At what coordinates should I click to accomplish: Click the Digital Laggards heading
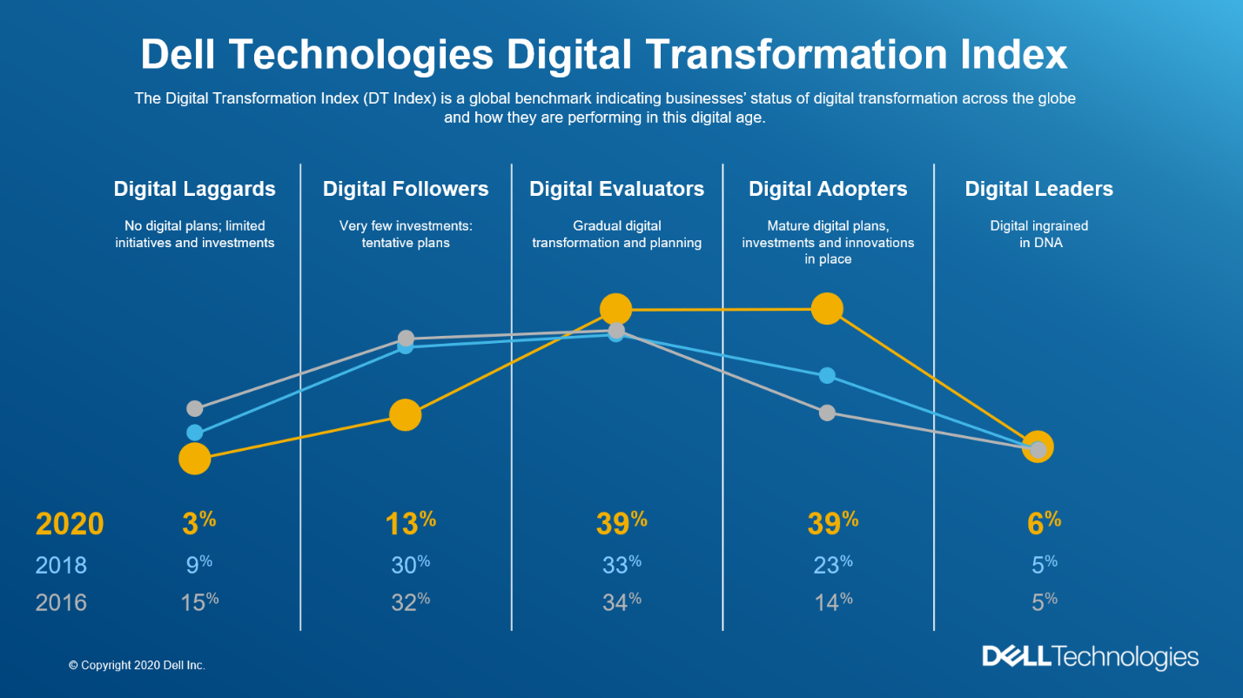click(x=194, y=189)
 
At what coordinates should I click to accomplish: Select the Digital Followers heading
click(x=406, y=189)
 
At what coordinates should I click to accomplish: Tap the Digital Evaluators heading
click(x=616, y=189)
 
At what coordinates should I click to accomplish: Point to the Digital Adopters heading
click(x=828, y=189)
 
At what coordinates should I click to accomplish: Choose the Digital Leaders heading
click(x=1038, y=189)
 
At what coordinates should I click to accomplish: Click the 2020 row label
click(x=70, y=524)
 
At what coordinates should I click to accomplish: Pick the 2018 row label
click(x=61, y=566)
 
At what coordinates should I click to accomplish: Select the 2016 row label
click(x=61, y=602)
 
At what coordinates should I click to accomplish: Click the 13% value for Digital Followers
click(x=410, y=522)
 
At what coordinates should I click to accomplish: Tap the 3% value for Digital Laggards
click(x=198, y=522)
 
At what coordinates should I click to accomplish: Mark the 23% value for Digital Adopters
click(x=832, y=565)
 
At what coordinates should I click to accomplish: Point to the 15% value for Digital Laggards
click(x=199, y=601)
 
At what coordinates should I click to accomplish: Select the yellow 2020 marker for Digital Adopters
click(x=827, y=308)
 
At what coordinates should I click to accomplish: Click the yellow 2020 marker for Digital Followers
click(x=405, y=415)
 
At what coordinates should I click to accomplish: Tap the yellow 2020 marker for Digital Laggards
click(x=194, y=458)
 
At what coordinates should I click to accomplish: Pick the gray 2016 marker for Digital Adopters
click(x=827, y=413)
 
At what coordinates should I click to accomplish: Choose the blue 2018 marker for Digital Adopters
click(x=827, y=375)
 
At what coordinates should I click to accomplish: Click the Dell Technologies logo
click(x=1090, y=657)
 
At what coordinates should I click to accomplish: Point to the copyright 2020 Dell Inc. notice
click(x=137, y=665)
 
